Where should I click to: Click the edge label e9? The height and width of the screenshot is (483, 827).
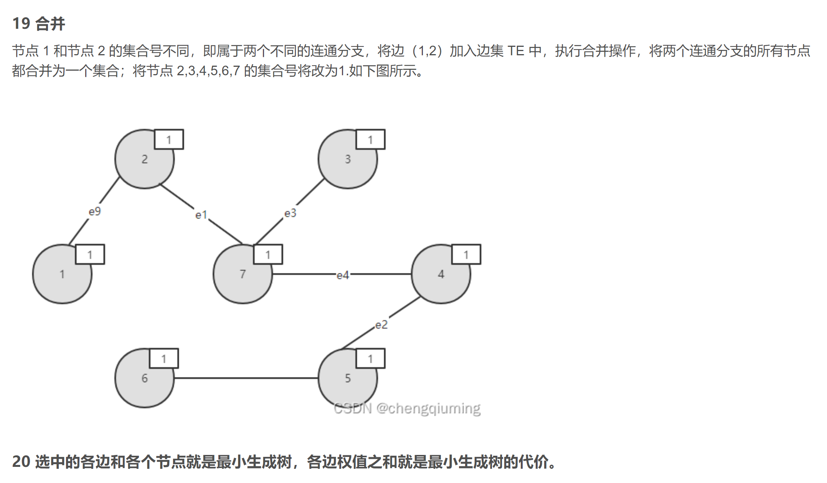tap(94, 212)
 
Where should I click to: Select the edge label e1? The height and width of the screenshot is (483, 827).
tap(201, 215)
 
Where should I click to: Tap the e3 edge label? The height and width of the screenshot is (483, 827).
tap(290, 213)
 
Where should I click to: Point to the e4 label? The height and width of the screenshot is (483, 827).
tap(343, 275)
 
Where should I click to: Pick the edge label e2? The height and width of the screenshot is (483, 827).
tap(381, 325)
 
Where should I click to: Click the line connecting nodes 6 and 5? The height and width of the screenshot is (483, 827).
tap(246, 378)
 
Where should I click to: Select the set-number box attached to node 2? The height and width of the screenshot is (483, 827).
tap(169, 139)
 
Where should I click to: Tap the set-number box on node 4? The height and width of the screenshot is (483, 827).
tap(466, 255)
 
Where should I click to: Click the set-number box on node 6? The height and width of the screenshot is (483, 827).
tap(164, 359)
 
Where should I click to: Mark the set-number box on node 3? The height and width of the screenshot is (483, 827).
tap(370, 139)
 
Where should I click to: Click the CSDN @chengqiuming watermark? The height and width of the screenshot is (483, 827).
tap(407, 408)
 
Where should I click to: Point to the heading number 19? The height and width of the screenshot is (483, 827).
tap(21, 23)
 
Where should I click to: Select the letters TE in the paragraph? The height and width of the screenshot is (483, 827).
tap(515, 51)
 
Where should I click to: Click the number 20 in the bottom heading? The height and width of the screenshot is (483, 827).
tap(21, 462)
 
